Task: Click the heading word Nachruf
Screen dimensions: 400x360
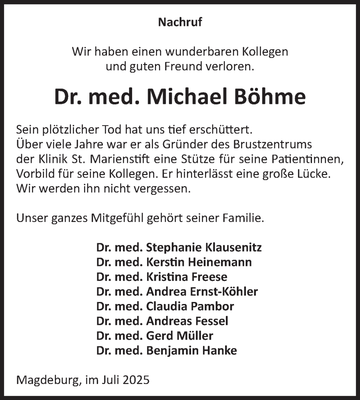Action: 180,22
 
